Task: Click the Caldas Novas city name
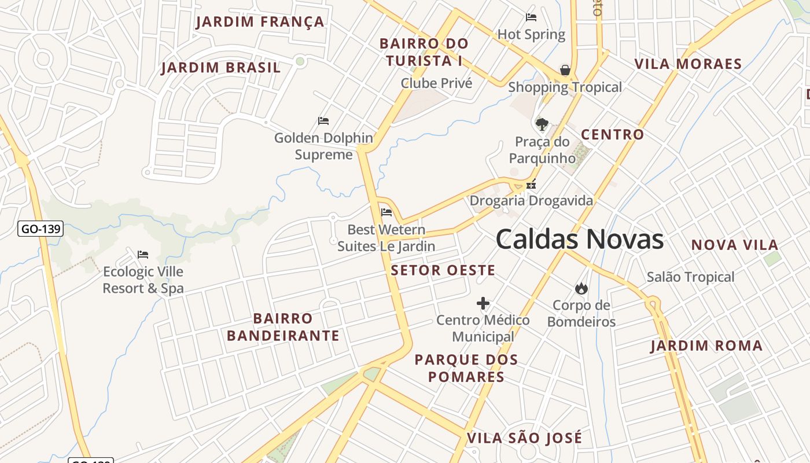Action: [x=579, y=240]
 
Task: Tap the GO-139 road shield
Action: [x=40, y=229]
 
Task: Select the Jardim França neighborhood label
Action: [x=260, y=22]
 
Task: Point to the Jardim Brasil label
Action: [x=221, y=68]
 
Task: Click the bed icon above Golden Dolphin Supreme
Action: [x=323, y=121]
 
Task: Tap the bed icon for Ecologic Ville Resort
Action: [x=143, y=254]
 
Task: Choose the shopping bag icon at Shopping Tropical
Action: [x=565, y=71]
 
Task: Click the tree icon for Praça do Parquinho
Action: [x=542, y=124]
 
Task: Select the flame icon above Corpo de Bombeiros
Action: [x=581, y=288]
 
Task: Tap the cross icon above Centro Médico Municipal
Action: [x=483, y=303]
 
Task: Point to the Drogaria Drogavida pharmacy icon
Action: [x=531, y=185]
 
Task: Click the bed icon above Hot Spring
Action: [x=531, y=17]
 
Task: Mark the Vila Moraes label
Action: [x=688, y=64]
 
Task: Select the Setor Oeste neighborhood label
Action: [x=443, y=270]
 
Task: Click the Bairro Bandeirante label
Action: [x=283, y=327]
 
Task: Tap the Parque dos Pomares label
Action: [x=466, y=368]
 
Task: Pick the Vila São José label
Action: [x=524, y=438]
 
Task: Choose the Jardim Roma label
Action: [x=706, y=346]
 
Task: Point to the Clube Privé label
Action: [x=437, y=83]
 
